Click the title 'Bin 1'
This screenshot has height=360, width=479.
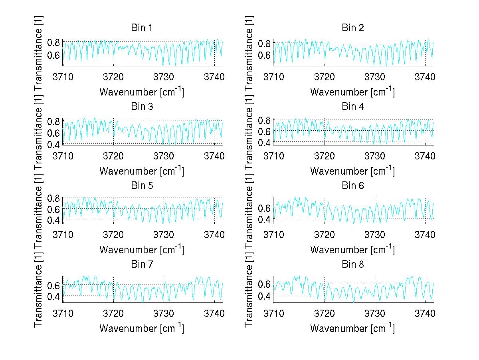(142, 28)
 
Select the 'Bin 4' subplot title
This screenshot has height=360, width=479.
(352, 107)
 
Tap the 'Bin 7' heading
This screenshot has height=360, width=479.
(142, 264)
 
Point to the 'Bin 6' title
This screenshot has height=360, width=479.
(352, 185)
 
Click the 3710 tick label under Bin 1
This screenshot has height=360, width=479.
(63, 76)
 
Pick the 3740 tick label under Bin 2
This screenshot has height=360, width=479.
(425, 76)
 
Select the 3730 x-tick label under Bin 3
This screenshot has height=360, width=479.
(164, 155)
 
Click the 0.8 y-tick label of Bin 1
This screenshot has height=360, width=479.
(54, 42)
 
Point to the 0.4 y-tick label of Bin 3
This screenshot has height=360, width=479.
(54, 144)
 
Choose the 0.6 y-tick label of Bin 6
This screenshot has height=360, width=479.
(265, 208)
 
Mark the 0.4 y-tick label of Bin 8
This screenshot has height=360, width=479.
(265, 296)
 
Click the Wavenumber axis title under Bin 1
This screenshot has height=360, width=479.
(142, 91)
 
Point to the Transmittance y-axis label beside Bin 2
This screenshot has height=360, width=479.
(249, 48)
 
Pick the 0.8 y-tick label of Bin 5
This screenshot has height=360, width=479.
(54, 198)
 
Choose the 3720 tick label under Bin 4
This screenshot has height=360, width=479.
(325, 155)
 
